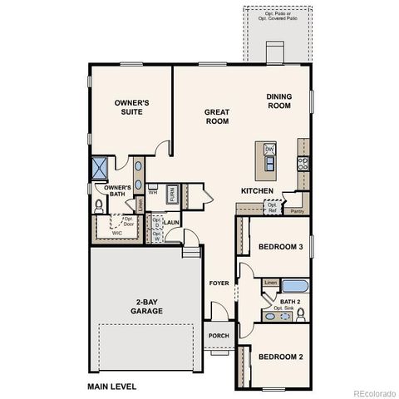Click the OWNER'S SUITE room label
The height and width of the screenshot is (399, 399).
click(x=131, y=107)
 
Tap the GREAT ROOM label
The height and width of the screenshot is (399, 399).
click(x=217, y=116)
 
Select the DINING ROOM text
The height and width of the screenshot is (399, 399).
click(x=278, y=101)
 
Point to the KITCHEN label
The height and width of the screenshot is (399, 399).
click(x=257, y=190)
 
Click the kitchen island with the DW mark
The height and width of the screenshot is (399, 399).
click(x=269, y=157)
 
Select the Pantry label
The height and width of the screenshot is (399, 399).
click(x=297, y=211)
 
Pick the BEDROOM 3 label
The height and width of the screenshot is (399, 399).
click(x=280, y=247)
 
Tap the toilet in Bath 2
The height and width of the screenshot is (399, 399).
click(x=301, y=313)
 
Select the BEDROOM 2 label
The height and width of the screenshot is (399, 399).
click(x=280, y=357)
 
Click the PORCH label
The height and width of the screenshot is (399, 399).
click(x=219, y=336)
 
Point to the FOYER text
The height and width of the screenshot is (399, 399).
click(x=219, y=283)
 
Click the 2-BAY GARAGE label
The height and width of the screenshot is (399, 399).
click(x=145, y=306)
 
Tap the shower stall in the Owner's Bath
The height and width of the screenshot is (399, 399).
click(x=100, y=167)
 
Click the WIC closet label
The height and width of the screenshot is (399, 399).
click(x=117, y=234)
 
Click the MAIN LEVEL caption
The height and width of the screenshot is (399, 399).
click(x=111, y=387)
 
